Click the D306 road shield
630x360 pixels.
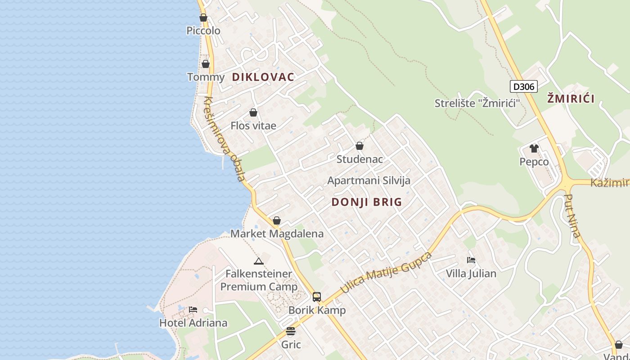(524, 86)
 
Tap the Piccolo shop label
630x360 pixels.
(203, 31)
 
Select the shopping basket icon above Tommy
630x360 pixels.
(206, 64)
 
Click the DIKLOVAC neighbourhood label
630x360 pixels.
(263, 77)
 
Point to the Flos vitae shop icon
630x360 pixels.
(253, 112)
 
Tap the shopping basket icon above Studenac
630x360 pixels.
(360, 146)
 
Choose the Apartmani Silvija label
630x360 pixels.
(369, 180)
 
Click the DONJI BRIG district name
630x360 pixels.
(367, 202)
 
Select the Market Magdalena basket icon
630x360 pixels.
(277, 220)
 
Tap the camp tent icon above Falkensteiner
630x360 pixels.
(258, 261)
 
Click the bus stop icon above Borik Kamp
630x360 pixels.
(317, 297)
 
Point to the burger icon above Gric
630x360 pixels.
(291, 332)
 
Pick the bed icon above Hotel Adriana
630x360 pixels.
(193, 310)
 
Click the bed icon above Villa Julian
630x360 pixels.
(471, 260)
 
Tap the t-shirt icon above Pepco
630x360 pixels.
(534, 148)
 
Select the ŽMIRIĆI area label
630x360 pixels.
(571, 99)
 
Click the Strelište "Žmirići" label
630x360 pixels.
(477, 103)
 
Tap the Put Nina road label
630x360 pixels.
(572, 216)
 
